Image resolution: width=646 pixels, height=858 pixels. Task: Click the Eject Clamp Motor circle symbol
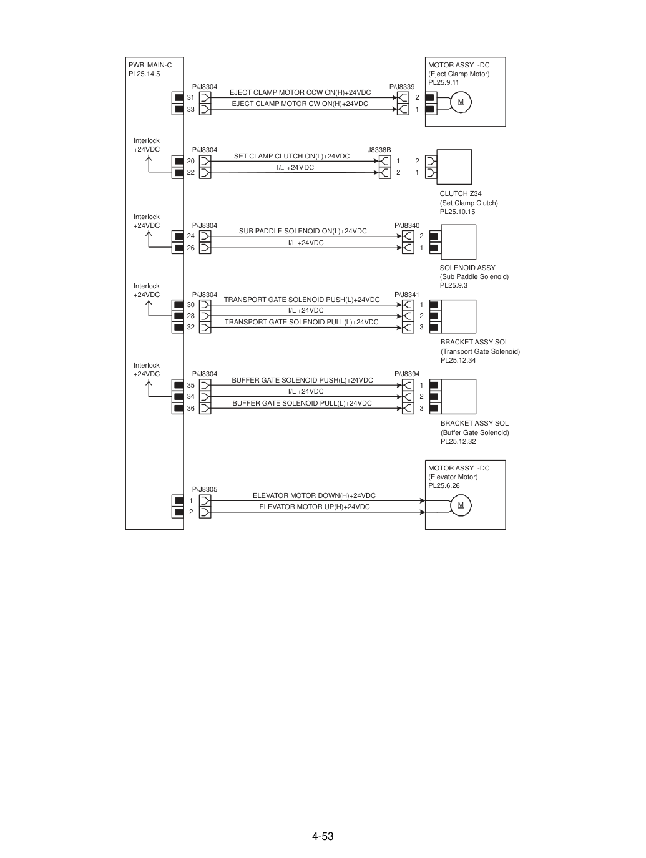pyautogui.click(x=461, y=102)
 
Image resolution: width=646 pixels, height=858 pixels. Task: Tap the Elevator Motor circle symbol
pyautogui.click(x=461, y=505)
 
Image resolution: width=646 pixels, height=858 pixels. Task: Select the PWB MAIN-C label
pyautogui.click(x=150, y=66)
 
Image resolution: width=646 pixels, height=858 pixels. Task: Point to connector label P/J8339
pyautogui.click(x=402, y=87)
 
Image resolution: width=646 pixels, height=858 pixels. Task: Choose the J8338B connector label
pyautogui.click(x=379, y=150)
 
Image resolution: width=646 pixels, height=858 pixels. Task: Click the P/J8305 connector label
pyautogui.click(x=204, y=489)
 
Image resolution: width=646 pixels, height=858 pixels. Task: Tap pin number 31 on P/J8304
pyautogui.click(x=191, y=98)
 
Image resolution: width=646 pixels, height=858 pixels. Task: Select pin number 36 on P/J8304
pyautogui.click(x=191, y=409)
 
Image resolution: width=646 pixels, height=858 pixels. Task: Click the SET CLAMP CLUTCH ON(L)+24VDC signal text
pyautogui.click(x=292, y=157)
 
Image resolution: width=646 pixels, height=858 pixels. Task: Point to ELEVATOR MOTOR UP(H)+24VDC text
pyautogui.click(x=315, y=507)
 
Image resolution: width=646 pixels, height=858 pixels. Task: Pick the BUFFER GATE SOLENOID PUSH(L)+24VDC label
pyautogui.click(x=303, y=381)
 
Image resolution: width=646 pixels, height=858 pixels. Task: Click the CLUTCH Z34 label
pyautogui.click(x=461, y=194)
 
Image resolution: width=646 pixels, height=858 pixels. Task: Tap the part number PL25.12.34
pyautogui.click(x=458, y=361)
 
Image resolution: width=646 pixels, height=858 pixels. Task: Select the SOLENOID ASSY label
pyautogui.click(x=467, y=268)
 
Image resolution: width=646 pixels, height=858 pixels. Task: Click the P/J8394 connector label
pyautogui.click(x=407, y=374)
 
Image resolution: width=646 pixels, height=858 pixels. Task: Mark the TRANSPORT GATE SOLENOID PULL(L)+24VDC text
pyautogui.click(x=301, y=323)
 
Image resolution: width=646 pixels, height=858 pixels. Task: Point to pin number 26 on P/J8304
pyautogui.click(x=191, y=248)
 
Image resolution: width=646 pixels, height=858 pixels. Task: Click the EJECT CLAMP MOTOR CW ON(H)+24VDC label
pyautogui.click(x=300, y=104)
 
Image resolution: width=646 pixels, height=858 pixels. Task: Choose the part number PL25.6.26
pyautogui.click(x=444, y=486)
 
